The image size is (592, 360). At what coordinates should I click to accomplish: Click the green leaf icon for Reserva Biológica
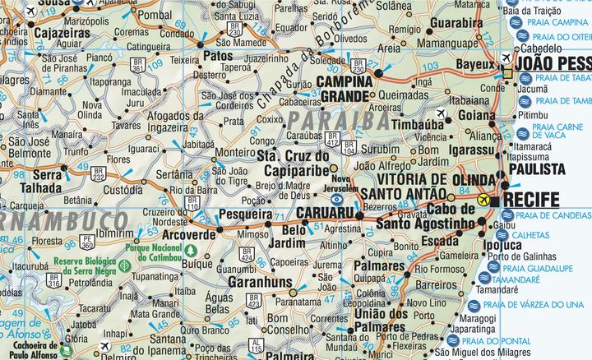tap(123, 267)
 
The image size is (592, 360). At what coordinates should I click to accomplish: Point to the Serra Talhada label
tap(55, 181)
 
